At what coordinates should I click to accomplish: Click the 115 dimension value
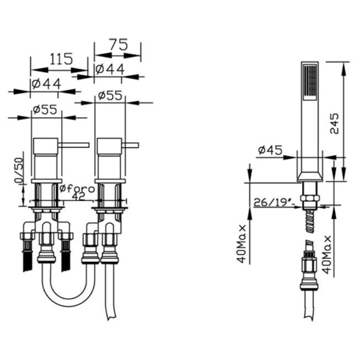click(61, 59)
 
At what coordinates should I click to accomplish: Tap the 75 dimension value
click(118, 45)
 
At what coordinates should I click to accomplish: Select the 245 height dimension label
click(334, 123)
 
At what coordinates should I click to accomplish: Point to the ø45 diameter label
click(270, 150)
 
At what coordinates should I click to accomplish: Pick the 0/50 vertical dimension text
click(19, 170)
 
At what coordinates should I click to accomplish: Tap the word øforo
click(77, 189)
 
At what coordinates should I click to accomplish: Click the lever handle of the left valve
click(73, 145)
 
